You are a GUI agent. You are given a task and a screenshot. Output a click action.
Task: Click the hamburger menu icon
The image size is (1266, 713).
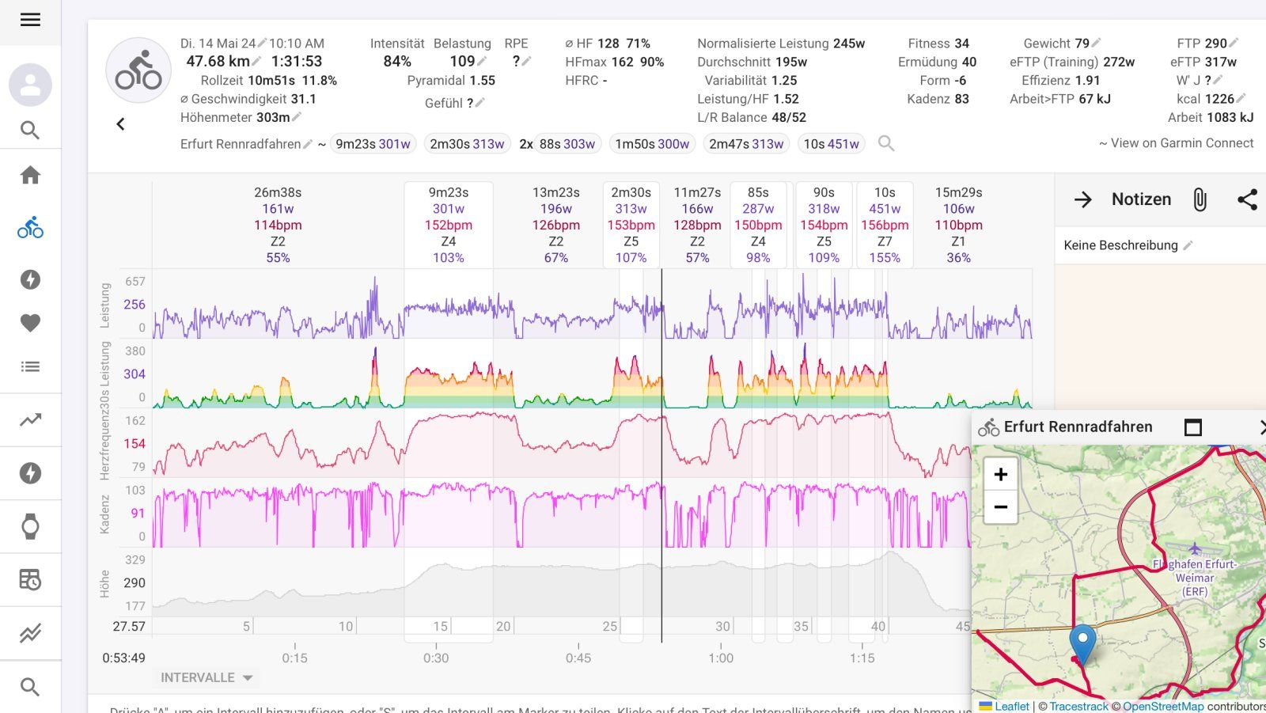[30, 20]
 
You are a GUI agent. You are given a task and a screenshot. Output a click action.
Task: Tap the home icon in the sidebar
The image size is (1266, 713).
[30, 175]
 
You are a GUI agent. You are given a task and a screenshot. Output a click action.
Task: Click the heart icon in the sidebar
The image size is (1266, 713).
[30, 323]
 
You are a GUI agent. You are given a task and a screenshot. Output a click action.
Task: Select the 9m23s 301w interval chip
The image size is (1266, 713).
[373, 144]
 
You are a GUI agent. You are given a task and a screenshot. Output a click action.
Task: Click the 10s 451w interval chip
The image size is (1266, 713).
[831, 144]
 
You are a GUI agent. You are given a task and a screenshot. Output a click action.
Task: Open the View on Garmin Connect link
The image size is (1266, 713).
[1181, 143]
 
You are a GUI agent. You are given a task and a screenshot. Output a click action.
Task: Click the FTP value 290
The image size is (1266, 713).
[1215, 44]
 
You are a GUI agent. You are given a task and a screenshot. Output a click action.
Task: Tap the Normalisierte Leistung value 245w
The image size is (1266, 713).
[848, 44]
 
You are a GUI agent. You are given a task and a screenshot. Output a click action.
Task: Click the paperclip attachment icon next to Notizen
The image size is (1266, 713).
[1200, 199]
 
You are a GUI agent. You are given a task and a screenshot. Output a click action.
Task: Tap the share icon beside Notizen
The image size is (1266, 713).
[1247, 199]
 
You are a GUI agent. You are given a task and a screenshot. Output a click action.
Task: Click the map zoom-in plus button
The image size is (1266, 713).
[1000, 474]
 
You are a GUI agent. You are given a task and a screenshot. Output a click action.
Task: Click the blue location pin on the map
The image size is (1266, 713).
[1082, 643]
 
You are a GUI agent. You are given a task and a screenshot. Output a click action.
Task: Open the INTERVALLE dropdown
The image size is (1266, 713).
[206, 677]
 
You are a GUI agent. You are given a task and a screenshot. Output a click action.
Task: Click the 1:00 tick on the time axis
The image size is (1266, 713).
[721, 658]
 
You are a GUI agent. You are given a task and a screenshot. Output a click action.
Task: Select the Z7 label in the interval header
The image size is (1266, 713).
[885, 241]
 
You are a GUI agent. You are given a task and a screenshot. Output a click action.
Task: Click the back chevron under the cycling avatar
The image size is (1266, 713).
[120, 124]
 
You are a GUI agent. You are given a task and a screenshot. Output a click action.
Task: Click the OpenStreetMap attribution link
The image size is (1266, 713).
[1162, 706]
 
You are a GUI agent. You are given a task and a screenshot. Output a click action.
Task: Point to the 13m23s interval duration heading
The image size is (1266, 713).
[555, 192]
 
